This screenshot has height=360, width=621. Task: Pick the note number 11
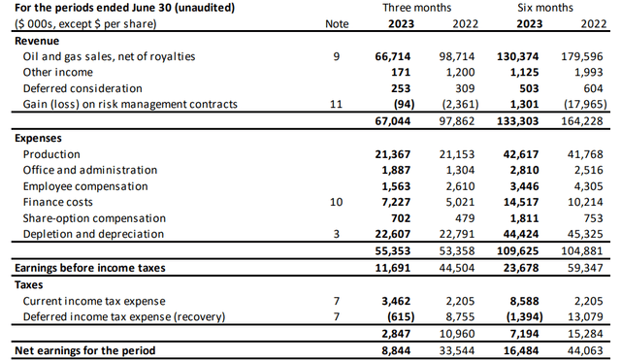point(336,104)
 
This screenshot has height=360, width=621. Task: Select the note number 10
point(336,203)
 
